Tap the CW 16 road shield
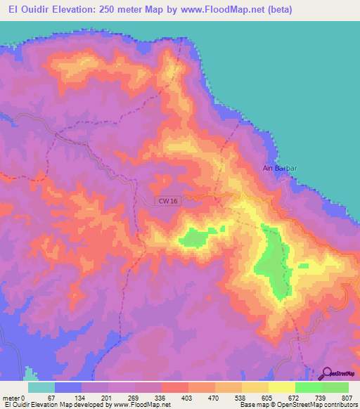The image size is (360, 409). (165, 202)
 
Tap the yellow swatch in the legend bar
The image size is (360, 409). (282, 387)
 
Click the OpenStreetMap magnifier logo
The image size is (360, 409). (326, 374)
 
